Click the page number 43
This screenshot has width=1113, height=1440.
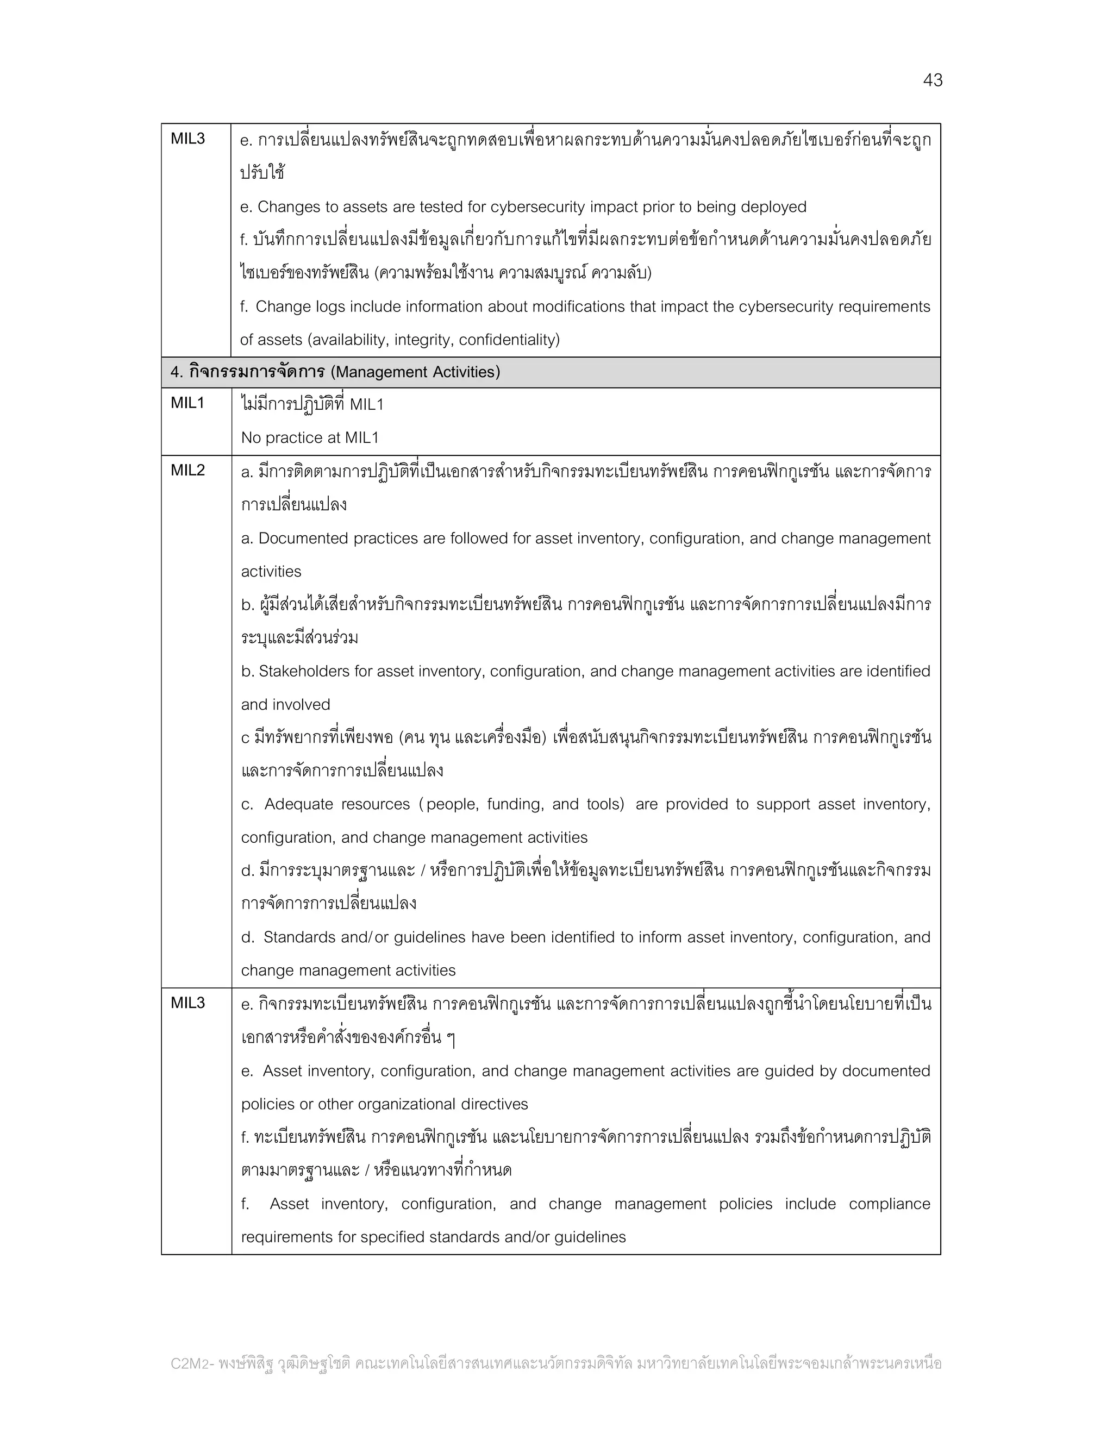click(933, 80)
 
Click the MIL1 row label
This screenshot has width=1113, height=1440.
click(188, 403)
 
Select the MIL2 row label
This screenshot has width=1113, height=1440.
click(188, 470)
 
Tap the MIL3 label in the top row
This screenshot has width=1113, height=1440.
click(188, 139)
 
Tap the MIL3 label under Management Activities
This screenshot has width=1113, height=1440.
click(188, 1003)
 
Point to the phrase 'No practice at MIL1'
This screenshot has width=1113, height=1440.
click(310, 438)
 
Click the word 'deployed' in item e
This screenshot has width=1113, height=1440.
click(773, 207)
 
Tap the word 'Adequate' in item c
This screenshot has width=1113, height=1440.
click(295, 804)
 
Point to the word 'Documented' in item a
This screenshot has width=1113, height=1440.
click(302, 539)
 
